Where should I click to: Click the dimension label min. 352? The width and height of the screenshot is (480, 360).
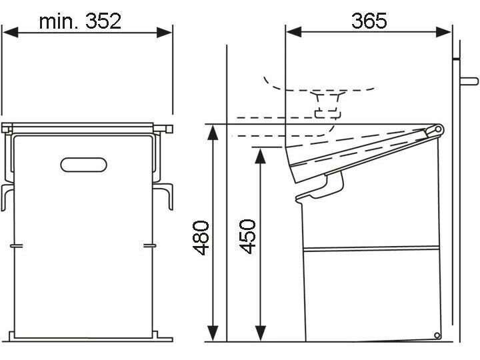tap(80, 21)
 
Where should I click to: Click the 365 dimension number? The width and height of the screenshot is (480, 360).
tap(369, 21)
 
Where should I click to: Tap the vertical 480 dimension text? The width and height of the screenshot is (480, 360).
tap(201, 237)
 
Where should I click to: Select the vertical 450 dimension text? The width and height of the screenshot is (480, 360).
tap(247, 236)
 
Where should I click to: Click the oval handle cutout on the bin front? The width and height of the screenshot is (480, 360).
tap(83, 165)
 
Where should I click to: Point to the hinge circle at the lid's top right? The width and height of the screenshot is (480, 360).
tap(438, 129)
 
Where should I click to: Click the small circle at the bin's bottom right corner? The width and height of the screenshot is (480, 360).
tap(437, 335)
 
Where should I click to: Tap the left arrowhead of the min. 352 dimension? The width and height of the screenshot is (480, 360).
tap(11, 32)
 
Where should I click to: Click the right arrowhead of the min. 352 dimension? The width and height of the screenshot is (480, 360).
tap(164, 32)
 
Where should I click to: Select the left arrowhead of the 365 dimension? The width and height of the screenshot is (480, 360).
tap(294, 31)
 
